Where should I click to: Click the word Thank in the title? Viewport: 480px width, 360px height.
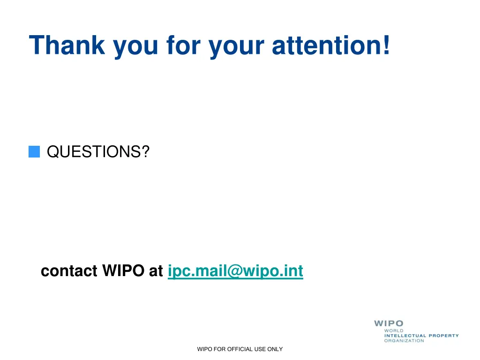coord(67,45)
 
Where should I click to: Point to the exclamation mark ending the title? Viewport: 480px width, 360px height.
coord(386,45)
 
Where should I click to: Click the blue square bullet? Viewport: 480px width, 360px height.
coord(34,152)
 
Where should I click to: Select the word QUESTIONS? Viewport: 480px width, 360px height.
coord(93,152)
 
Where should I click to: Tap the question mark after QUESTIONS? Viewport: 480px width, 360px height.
coord(144,152)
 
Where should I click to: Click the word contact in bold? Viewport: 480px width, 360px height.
coord(69,271)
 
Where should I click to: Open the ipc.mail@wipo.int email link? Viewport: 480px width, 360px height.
coord(235,271)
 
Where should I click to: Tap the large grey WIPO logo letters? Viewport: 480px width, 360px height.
coord(388,323)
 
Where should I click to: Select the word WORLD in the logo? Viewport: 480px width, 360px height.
coord(394,331)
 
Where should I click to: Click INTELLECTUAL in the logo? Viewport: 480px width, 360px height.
coord(405,336)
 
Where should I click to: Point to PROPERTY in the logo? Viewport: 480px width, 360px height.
coord(444,336)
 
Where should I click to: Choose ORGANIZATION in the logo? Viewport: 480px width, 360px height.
coord(404,341)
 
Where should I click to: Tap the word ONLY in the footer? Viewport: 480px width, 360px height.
coord(275,349)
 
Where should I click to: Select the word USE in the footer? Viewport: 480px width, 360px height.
coord(260,349)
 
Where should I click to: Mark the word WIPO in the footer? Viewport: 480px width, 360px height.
coord(204,349)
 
